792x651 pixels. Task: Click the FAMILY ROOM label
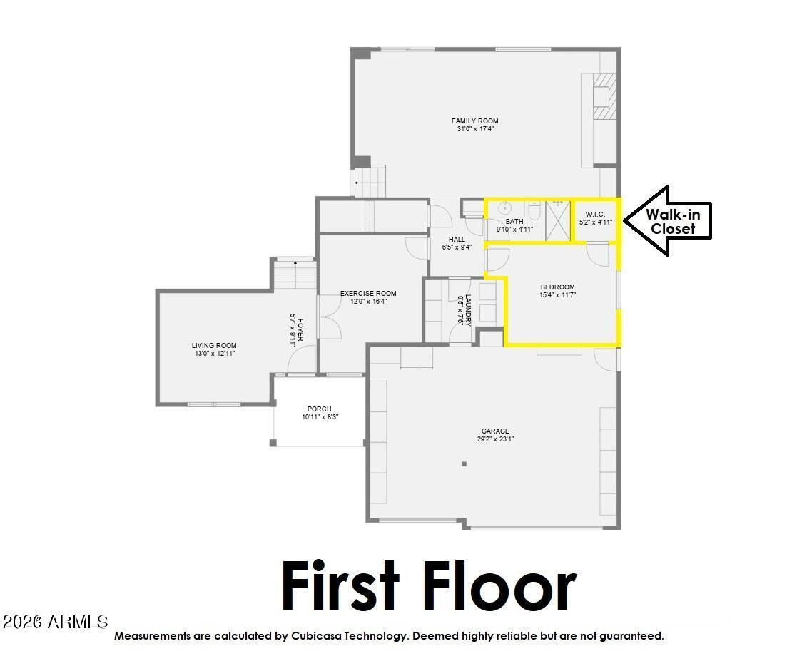[474, 121]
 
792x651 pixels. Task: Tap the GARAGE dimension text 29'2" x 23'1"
[494, 439]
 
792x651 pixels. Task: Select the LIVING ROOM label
[213, 346]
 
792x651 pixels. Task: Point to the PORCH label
[319, 409]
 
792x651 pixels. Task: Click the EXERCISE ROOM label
[367, 294]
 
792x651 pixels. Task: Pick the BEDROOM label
[557, 287]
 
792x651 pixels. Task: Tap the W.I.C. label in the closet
[595, 214]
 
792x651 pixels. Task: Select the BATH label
[514, 222]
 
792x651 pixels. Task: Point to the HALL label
[457, 240]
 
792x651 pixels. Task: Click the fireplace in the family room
[603, 97]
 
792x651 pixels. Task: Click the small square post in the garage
[464, 464]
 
